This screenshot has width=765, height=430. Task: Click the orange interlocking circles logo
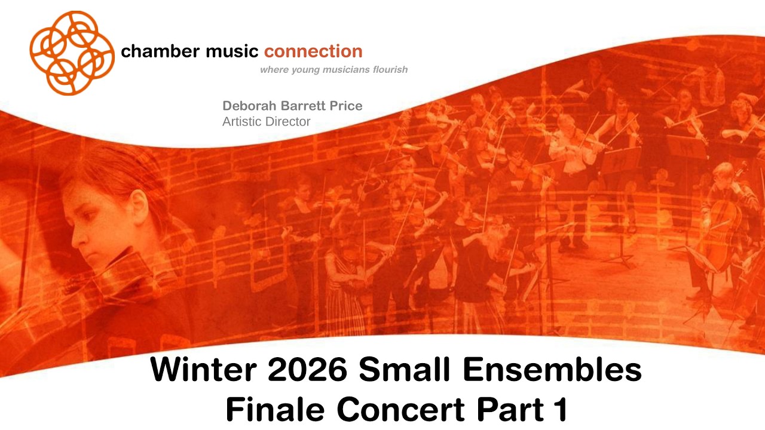pos(72,53)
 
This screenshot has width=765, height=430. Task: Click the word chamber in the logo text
pos(151,51)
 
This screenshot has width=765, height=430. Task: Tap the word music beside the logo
pos(223,51)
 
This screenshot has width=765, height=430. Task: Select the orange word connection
pos(313,51)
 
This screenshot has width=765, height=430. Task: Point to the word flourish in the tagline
pos(388,70)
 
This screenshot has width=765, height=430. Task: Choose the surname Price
pos(346,106)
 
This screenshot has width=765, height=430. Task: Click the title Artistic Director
pos(266,122)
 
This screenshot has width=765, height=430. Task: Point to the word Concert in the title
pos(398,409)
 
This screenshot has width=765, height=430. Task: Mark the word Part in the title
pos(506,409)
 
